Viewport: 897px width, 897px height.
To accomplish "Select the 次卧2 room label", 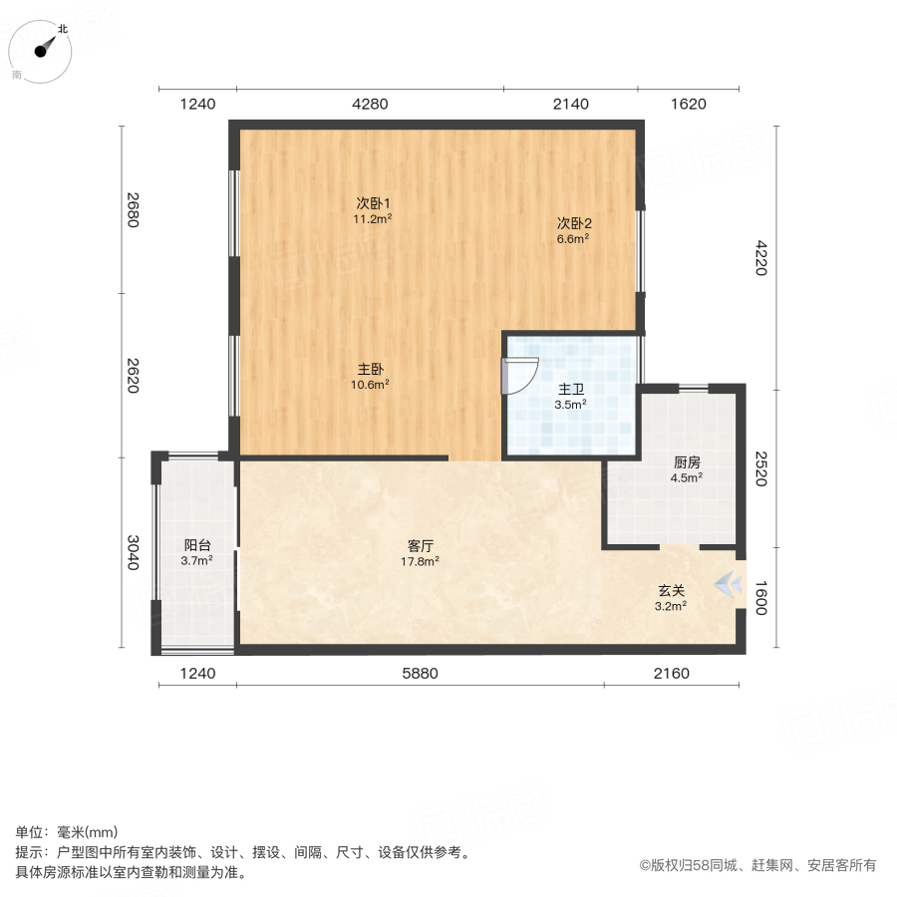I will [574, 223].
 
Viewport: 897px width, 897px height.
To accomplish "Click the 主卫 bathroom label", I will [570, 389].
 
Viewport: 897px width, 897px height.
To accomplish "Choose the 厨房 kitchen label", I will [687, 462].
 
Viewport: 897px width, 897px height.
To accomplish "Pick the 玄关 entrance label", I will [671, 590].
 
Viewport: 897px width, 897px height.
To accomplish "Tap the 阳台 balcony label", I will [196, 545].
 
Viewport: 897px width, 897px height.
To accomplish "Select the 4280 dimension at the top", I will [370, 104].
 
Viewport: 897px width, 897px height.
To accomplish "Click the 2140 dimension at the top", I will [570, 104].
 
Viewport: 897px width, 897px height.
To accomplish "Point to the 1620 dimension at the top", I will [688, 104].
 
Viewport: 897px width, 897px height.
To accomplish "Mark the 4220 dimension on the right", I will [760, 258].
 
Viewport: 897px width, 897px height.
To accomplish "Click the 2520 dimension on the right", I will [760, 468].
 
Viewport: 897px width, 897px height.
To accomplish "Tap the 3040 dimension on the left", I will [134, 553].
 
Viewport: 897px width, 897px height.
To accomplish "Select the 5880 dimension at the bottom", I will [421, 674].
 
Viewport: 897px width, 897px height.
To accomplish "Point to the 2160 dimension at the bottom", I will [672, 674].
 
